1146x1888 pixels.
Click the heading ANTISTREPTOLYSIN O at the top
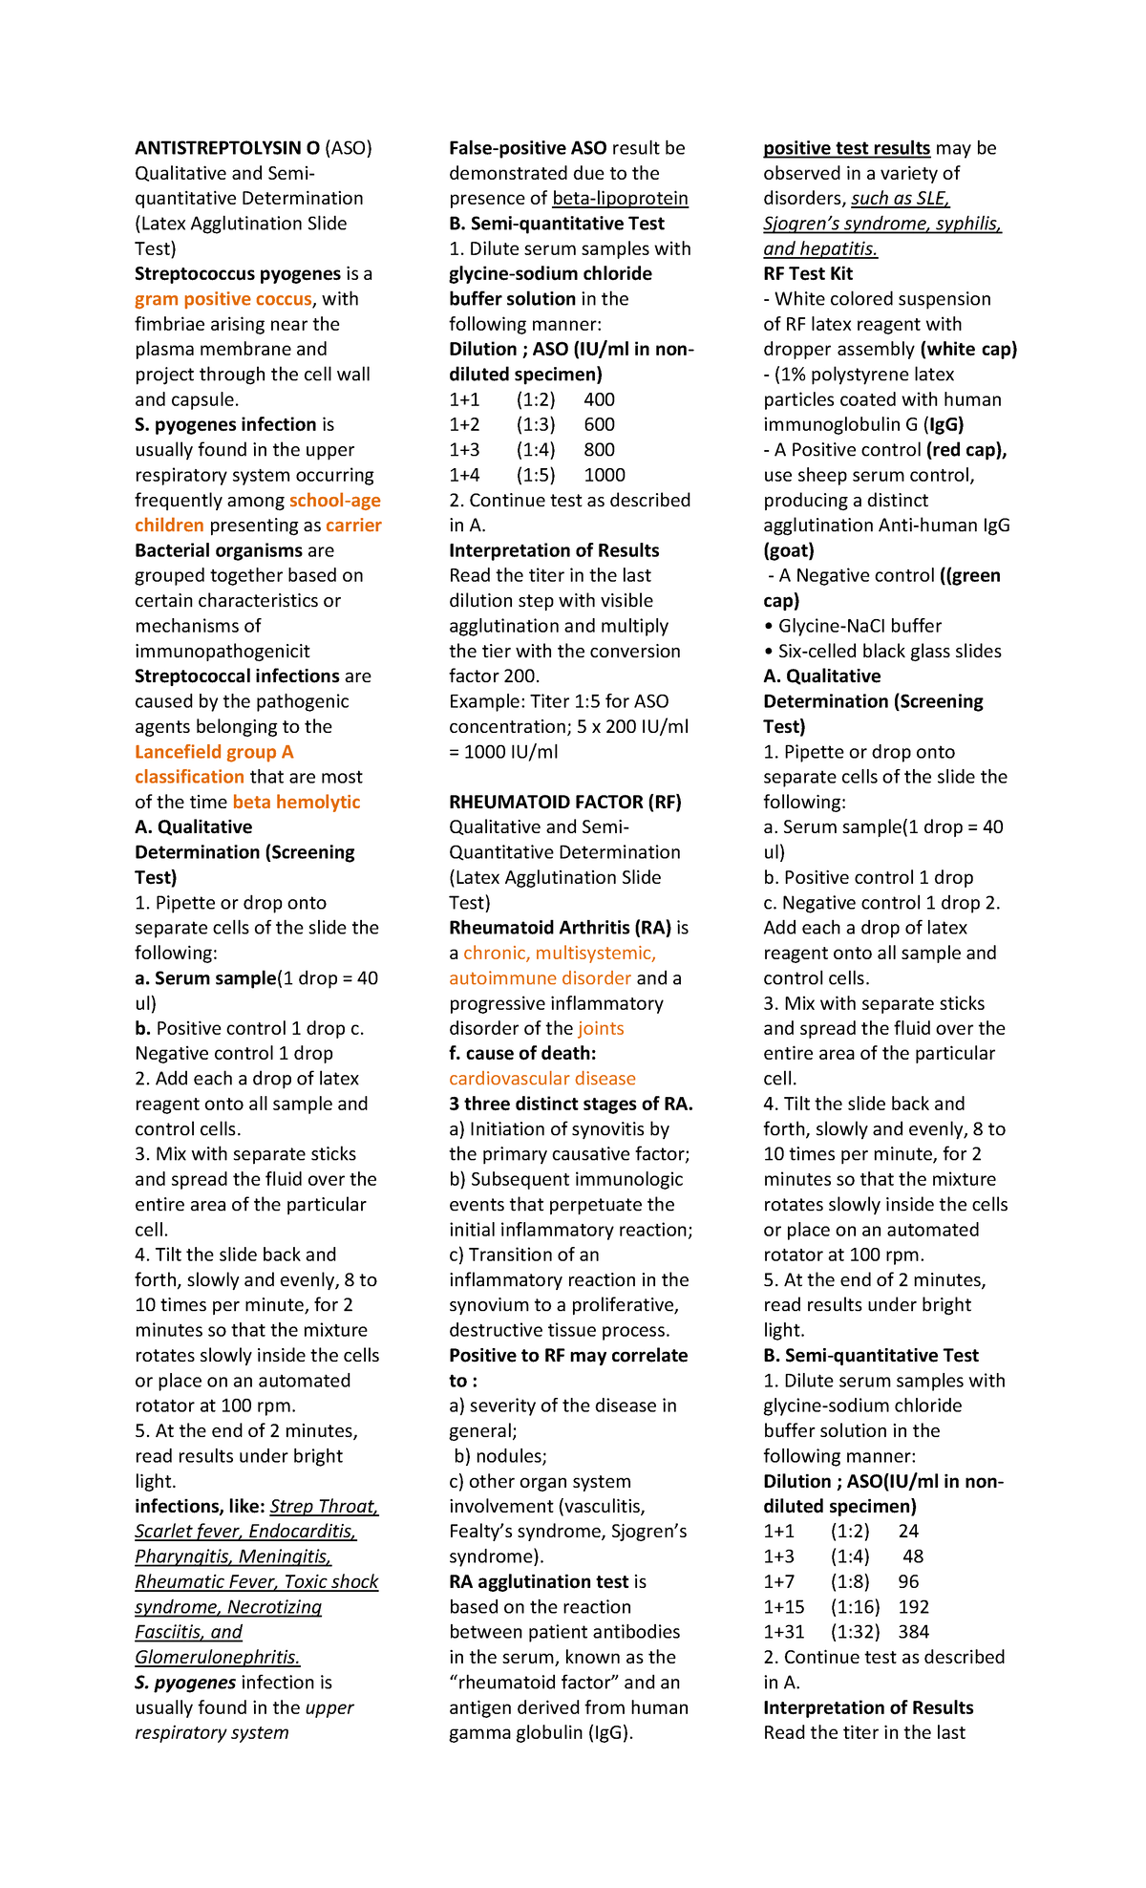click(x=227, y=148)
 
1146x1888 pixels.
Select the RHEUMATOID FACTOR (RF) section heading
click(x=565, y=802)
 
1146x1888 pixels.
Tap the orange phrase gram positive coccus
click(x=223, y=299)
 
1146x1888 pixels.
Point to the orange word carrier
click(x=353, y=526)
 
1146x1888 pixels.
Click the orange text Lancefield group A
click(x=214, y=752)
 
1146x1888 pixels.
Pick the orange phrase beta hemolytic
click(x=296, y=802)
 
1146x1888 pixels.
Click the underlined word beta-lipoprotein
click(x=620, y=199)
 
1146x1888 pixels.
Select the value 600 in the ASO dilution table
click(x=599, y=424)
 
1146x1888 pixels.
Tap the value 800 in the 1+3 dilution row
click(x=599, y=450)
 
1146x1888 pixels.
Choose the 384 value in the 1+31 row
click(x=913, y=1632)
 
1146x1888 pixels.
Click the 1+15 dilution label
click(x=784, y=1607)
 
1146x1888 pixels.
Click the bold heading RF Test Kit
click(x=808, y=274)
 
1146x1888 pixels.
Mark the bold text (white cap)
click(x=968, y=349)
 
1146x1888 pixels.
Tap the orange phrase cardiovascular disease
click(x=542, y=1079)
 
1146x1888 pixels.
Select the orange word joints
click(x=601, y=1028)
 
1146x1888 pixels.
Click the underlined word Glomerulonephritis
click(x=218, y=1657)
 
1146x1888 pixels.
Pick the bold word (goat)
click(x=789, y=550)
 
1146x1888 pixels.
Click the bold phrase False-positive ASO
click(x=528, y=148)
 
